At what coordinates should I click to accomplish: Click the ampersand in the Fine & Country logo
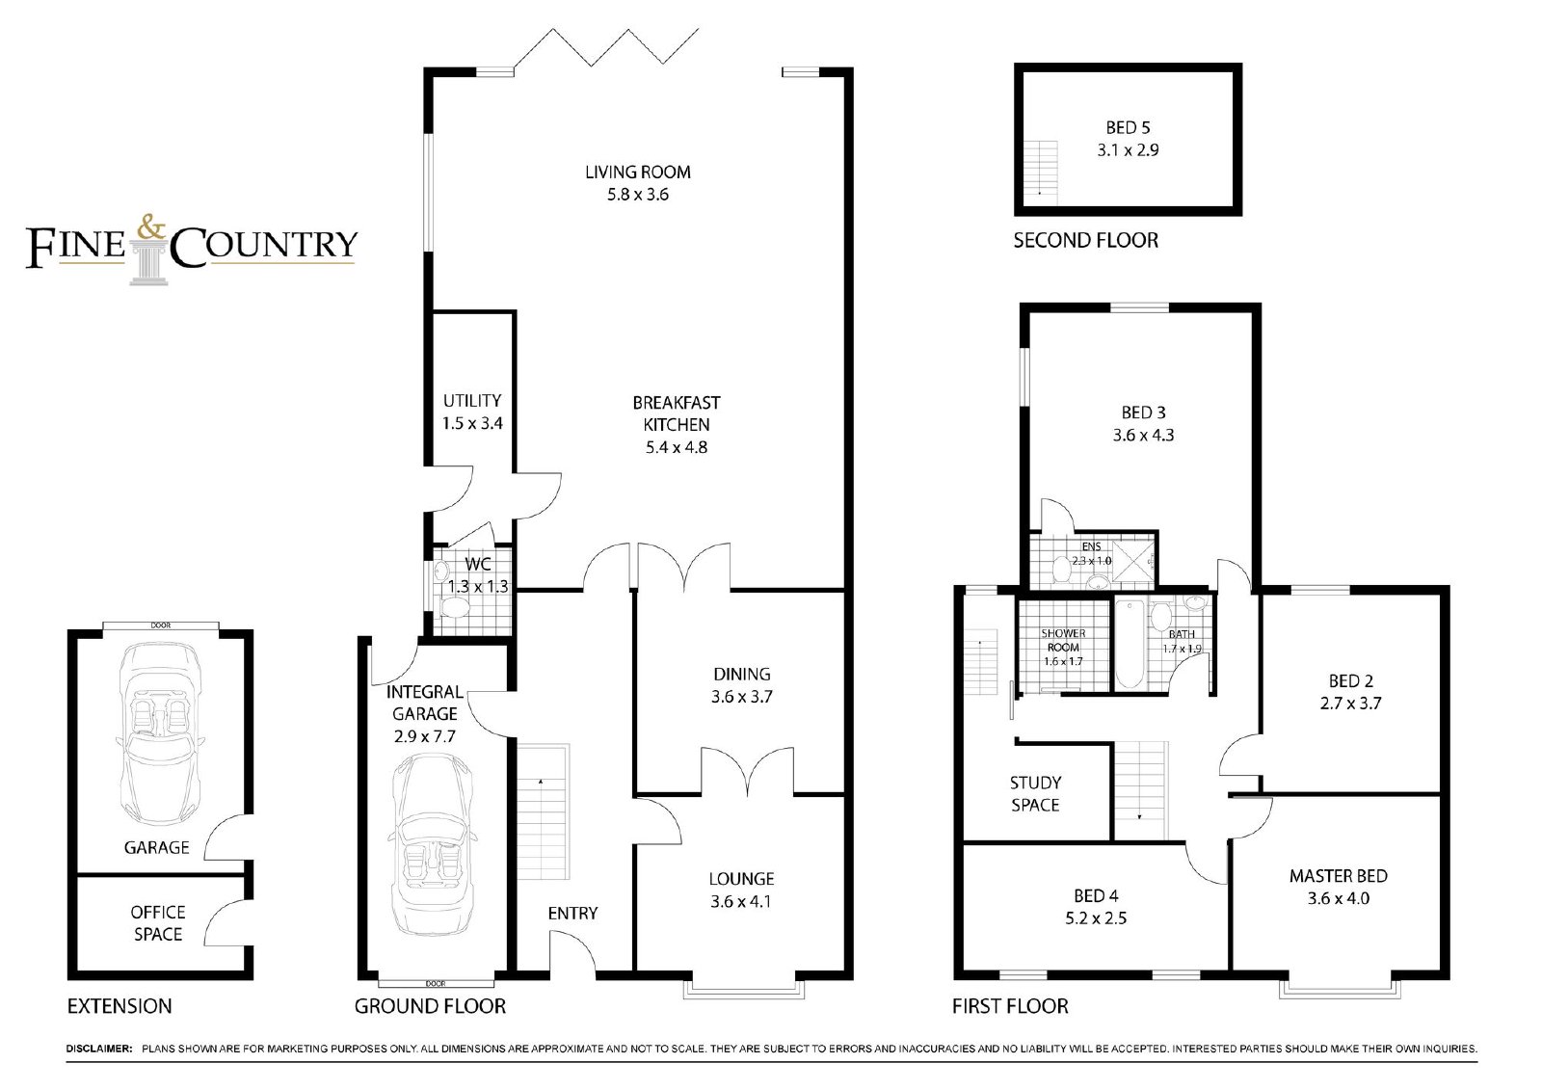151,227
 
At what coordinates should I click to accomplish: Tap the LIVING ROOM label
637,173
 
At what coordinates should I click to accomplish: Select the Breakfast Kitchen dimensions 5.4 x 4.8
676,447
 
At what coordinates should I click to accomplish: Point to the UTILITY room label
471,401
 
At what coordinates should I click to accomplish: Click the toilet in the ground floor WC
454,606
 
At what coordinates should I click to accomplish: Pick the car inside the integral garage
432,845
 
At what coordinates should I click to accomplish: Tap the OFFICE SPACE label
158,923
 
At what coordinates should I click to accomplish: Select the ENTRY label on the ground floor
572,913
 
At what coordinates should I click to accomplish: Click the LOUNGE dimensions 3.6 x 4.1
741,901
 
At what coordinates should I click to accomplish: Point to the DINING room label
741,674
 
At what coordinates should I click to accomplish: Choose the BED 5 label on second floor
1128,127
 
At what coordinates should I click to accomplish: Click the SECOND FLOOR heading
1085,240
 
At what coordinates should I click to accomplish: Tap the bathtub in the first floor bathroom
1129,645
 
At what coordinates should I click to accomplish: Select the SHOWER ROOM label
1063,640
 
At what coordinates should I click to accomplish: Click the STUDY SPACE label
1035,794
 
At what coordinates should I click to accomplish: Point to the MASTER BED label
1339,876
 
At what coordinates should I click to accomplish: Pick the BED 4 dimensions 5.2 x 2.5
1096,917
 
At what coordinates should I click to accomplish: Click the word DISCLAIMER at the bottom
99,1049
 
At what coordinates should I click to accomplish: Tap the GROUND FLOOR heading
430,1007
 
